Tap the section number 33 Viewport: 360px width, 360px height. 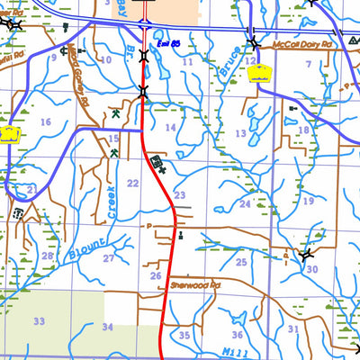39,321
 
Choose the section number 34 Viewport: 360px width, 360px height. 108,328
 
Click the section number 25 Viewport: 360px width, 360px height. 240,263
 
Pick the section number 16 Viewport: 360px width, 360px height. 45,121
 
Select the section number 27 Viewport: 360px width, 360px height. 108,259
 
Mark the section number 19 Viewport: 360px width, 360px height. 308,202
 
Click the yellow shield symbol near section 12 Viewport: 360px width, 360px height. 259,76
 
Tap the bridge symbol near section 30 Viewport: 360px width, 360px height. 309,255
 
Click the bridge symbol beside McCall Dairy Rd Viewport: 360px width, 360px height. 254,44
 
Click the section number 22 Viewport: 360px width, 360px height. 132,184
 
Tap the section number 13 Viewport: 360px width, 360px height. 240,133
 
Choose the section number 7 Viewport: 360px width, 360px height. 308,63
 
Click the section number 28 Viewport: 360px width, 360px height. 46,256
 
